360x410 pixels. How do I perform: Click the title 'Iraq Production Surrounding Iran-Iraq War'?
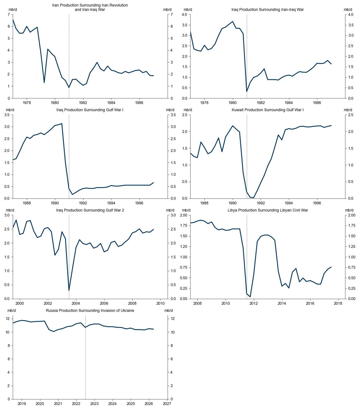pyautogui.click(x=267, y=10)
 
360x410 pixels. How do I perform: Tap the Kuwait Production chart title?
pyautogui.click(x=268, y=110)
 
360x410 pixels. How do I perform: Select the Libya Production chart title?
pyautogui.click(x=268, y=210)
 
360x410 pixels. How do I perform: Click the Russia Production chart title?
pyautogui.click(x=90, y=311)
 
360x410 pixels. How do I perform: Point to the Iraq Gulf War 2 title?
pyautogui.click(x=90, y=210)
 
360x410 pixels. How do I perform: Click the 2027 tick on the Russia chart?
pyautogui.click(x=167, y=404)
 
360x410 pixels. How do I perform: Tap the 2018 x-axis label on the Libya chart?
pyautogui.click(x=338, y=303)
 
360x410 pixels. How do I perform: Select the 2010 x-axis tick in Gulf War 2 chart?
pyautogui.click(x=160, y=303)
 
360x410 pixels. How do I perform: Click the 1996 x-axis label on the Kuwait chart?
pyautogui.click(x=317, y=203)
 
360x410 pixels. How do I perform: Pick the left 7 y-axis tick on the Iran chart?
pyautogui.click(x=9, y=15)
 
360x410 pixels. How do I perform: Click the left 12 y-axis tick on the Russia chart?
pyautogui.click(x=8, y=319)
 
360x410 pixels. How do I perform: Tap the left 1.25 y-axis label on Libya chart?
pyautogui.click(x=183, y=247)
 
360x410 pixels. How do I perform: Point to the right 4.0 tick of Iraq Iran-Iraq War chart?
pyautogui.click(x=350, y=15)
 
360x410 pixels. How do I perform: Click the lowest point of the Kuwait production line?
pyautogui.click(x=254, y=198)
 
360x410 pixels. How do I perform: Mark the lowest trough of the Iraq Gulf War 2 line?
pyautogui.click(x=69, y=290)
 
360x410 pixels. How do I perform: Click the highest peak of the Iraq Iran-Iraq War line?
pyautogui.click(x=232, y=21)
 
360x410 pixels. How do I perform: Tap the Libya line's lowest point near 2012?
pyautogui.click(x=250, y=297)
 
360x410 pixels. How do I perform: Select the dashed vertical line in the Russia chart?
pyautogui.click(x=85, y=357)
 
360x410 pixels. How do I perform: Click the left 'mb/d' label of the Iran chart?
pyautogui.click(x=13, y=10)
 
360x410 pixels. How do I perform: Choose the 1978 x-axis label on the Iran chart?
pyautogui.click(x=27, y=103)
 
